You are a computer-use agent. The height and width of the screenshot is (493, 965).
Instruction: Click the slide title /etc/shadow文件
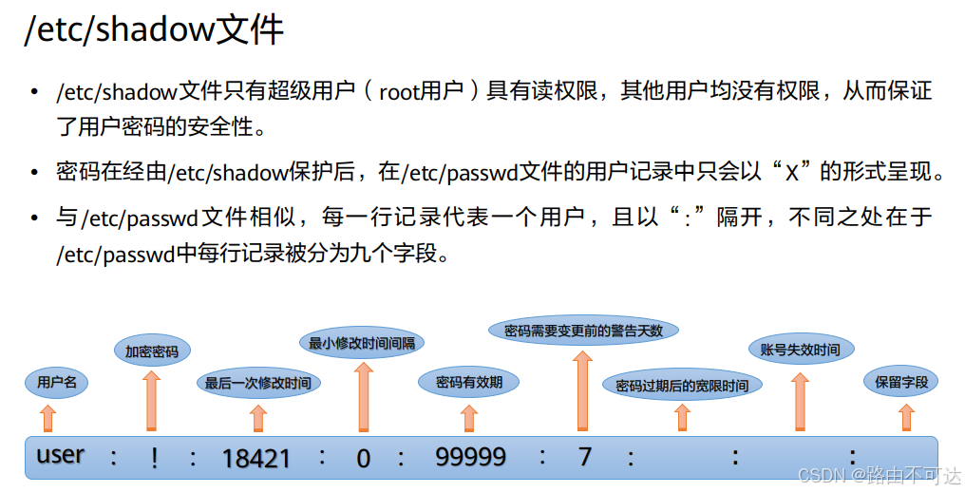[154, 30]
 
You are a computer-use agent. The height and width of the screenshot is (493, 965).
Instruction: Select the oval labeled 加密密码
[152, 351]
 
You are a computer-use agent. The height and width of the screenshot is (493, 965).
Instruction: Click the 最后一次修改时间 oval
[257, 384]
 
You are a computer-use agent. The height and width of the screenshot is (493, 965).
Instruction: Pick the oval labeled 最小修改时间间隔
[362, 343]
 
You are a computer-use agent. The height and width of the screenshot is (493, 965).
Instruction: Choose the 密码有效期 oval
[469, 383]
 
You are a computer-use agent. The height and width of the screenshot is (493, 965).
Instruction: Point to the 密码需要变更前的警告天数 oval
[583, 331]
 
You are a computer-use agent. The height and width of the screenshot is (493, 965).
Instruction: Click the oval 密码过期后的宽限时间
[681, 386]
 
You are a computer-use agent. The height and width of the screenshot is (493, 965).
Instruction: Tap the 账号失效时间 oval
[800, 350]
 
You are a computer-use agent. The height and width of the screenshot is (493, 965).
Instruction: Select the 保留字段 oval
[900, 383]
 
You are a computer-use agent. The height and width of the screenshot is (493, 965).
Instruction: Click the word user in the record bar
[61, 455]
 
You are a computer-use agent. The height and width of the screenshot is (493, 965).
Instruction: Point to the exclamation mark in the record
[154, 457]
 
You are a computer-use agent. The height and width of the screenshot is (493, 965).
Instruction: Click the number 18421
[256, 459]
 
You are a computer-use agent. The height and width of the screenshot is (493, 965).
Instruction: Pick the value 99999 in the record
[470, 457]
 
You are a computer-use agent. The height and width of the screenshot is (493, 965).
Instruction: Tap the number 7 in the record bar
[584, 457]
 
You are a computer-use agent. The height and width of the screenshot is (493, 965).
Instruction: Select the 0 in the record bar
[363, 459]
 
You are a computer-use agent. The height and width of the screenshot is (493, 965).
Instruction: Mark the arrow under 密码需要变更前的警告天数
[583, 389]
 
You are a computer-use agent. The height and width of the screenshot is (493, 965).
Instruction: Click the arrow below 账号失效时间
[801, 400]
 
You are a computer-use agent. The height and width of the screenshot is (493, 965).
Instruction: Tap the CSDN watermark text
[879, 475]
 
